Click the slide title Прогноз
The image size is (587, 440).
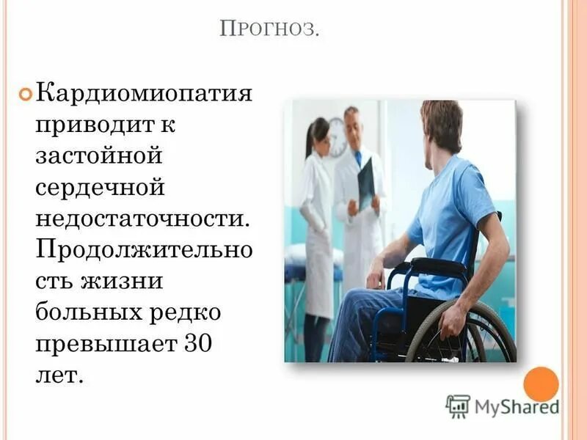pos(271,31)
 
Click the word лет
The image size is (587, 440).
pos(59,375)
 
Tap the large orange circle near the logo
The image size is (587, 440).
pos(542,384)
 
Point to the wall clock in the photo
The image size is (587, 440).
pos(337,137)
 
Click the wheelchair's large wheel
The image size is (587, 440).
pos(470,337)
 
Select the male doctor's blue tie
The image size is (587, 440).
pos(358,158)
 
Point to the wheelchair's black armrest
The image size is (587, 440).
pos(437,265)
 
